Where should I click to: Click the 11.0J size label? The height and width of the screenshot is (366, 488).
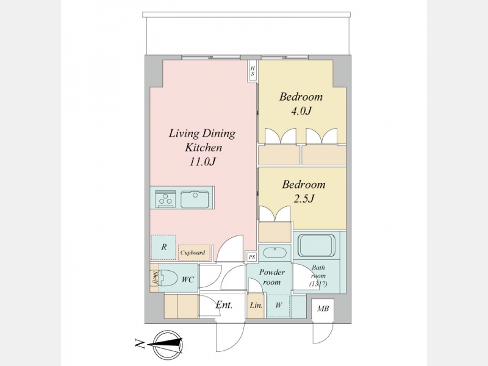point(203,162)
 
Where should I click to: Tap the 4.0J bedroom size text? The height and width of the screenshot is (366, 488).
point(301,111)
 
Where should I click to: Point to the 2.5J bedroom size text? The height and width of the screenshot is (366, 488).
point(304,198)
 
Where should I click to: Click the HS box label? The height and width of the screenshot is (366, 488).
point(253,71)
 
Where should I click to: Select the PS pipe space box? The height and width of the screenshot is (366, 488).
point(252,257)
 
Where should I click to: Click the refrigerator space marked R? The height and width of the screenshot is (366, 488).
point(163,248)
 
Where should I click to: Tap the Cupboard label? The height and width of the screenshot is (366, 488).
point(193,253)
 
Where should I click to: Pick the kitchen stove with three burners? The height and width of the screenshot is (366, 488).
point(165,199)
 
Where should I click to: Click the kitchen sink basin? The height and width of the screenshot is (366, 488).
point(195,199)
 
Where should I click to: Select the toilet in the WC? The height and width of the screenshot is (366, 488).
point(167,278)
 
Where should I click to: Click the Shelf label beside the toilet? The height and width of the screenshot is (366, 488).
point(154,278)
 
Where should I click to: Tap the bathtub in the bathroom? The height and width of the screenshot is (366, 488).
point(317,246)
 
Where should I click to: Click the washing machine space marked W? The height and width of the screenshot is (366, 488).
point(279,306)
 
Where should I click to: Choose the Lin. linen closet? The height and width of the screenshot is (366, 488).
point(256,306)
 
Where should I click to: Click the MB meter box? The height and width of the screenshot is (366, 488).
point(323,309)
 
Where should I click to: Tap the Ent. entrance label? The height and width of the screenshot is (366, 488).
point(224,304)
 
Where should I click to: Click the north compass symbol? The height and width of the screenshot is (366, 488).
point(168,345)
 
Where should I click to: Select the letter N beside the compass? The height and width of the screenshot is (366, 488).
point(140,343)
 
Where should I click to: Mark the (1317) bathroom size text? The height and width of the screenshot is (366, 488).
point(318,284)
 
